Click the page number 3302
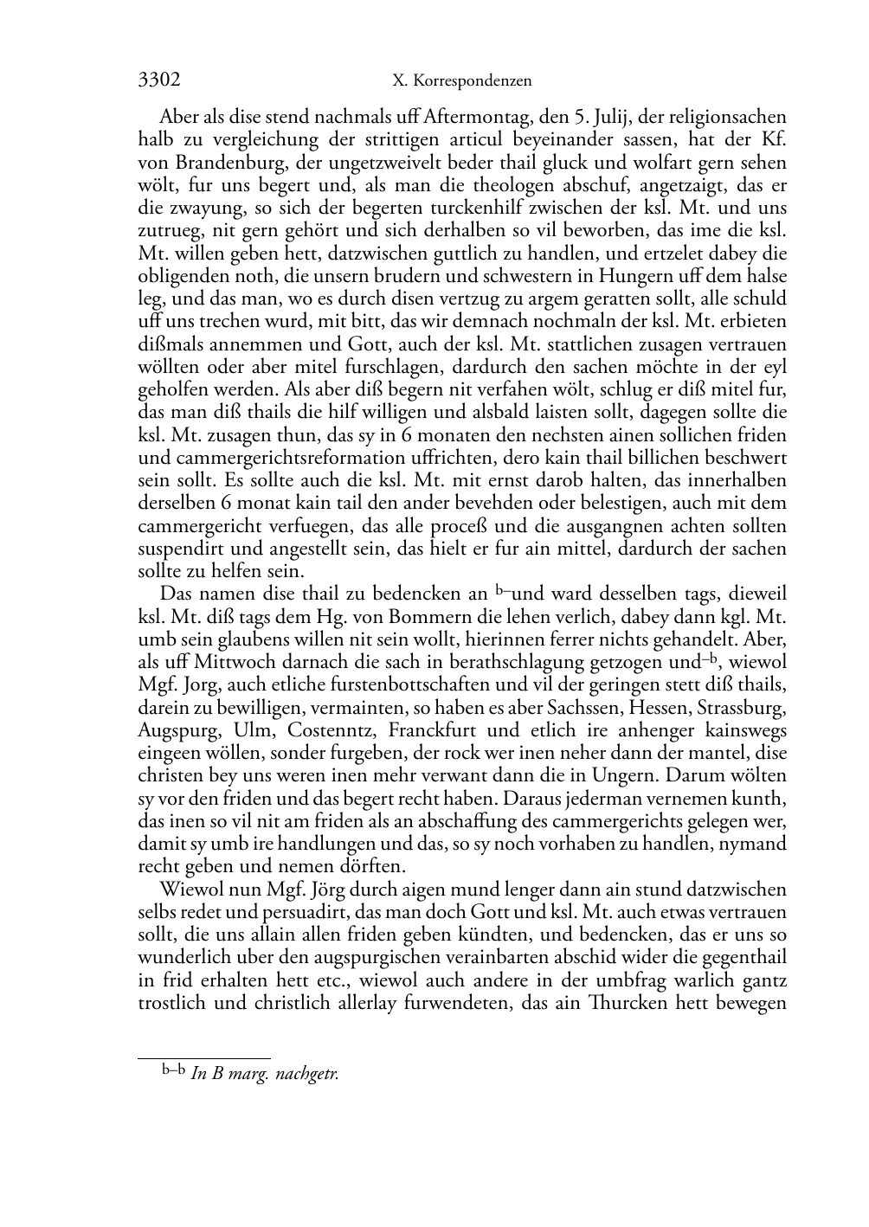[x=159, y=80]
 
